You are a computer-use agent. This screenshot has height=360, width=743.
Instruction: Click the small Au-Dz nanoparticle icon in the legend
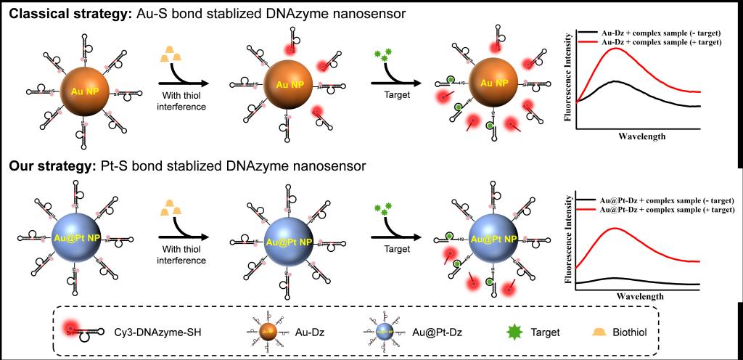click(269, 332)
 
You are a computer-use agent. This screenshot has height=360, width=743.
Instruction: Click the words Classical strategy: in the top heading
click(68, 12)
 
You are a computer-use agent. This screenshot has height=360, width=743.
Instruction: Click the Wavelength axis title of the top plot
click(641, 136)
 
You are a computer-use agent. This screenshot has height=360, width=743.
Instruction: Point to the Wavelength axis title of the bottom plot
click(641, 296)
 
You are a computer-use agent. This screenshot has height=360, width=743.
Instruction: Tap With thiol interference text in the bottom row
click(184, 255)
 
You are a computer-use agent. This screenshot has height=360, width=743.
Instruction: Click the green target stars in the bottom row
click(380, 212)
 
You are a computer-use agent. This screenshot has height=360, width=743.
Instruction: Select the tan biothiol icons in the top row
click(171, 53)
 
